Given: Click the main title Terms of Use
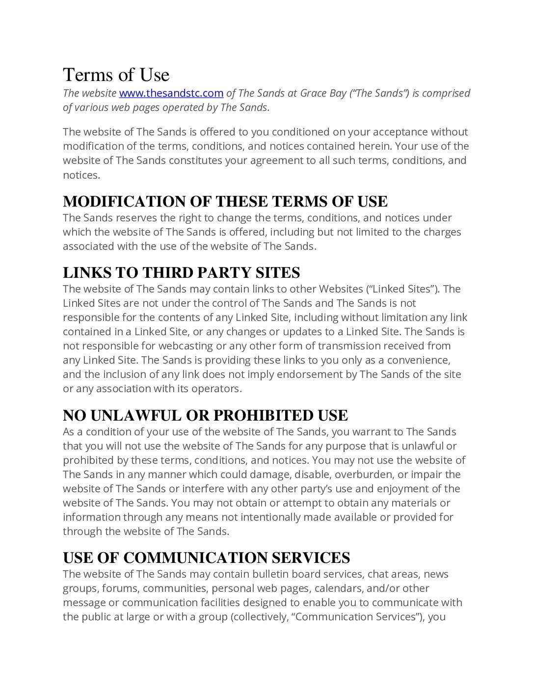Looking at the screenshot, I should point(116,75).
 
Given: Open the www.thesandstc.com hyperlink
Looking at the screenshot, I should point(171,93).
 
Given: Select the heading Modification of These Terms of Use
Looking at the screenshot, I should point(225,202).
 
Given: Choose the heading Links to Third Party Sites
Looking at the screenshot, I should point(181,273).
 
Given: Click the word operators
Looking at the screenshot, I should point(219,389).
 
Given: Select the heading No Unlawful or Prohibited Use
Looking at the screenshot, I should point(205,416).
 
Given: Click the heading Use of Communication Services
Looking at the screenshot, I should point(206,558).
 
